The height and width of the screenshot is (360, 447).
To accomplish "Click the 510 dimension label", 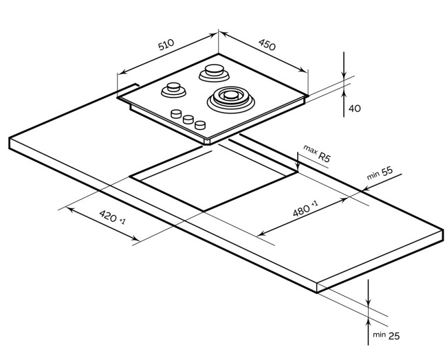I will [x=166, y=46].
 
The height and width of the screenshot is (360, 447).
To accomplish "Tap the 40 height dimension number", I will [x=354, y=109].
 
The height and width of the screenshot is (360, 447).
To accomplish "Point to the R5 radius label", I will [x=325, y=157].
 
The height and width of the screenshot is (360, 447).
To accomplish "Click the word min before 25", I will [x=378, y=335].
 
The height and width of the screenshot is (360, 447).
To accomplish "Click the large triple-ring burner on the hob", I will [x=231, y=98].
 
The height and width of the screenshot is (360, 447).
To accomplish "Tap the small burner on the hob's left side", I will [x=173, y=89].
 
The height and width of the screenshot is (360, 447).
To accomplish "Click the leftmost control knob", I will [x=177, y=114].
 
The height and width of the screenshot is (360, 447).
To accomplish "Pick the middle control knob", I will [x=188, y=120].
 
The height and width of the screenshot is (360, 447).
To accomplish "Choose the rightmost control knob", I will [x=200, y=125].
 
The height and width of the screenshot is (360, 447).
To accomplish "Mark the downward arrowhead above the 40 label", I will [x=344, y=76].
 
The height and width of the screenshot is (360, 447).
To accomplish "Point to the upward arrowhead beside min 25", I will [x=369, y=317].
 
